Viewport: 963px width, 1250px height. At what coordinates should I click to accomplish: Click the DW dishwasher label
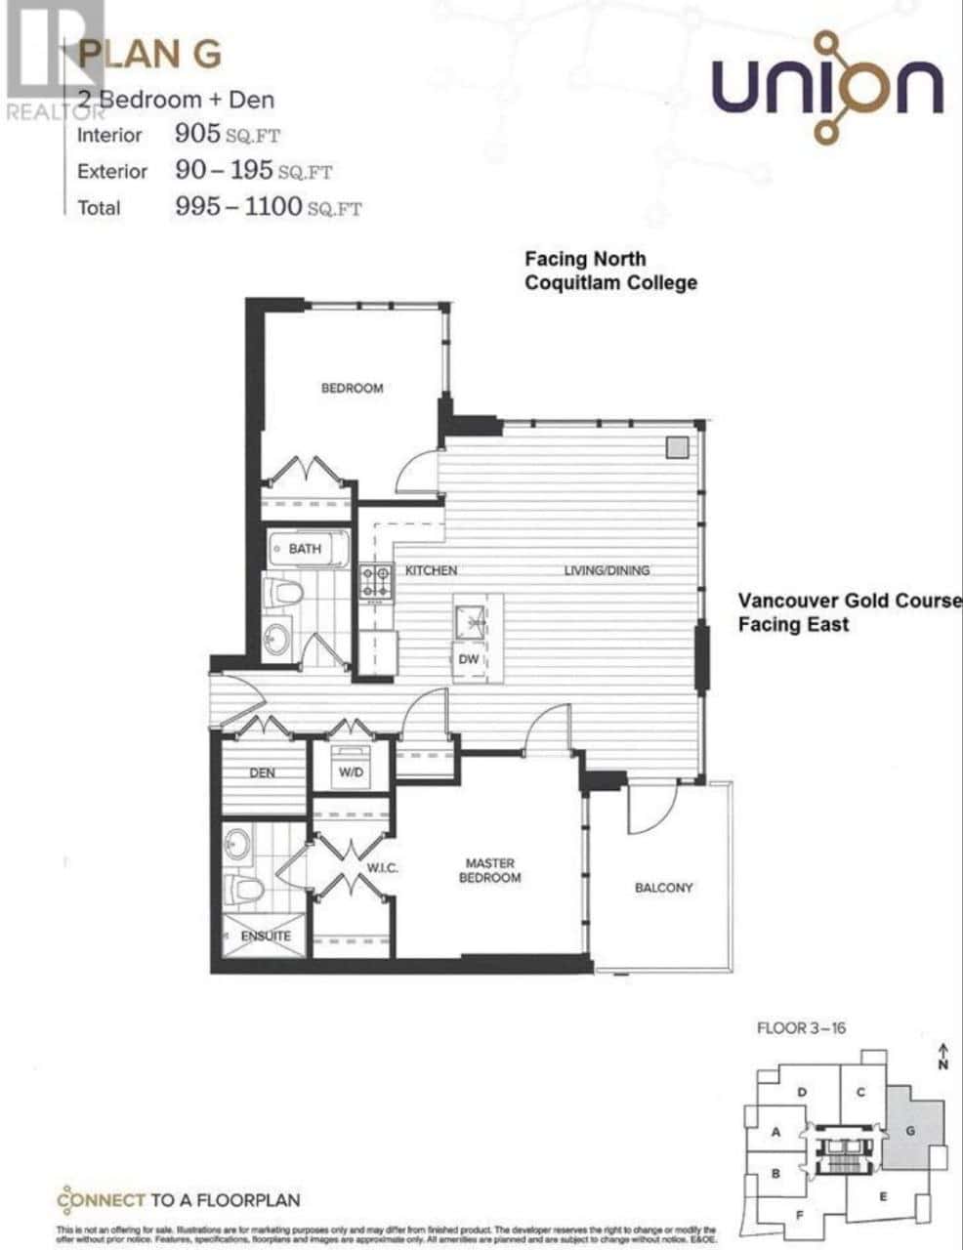click(x=470, y=659)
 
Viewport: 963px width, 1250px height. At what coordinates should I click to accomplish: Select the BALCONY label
click(x=663, y=888)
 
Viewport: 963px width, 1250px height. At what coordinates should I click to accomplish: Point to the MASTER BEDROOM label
click(x=490, y=870)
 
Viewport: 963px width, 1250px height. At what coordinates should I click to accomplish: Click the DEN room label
click(x=262, y=772)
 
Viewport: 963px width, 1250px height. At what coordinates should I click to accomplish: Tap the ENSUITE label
click(x=267, y=936)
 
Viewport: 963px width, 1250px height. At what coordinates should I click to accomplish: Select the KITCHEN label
click(x=431, y=570)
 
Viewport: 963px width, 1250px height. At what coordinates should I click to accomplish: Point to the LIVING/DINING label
click(x=607, y=570)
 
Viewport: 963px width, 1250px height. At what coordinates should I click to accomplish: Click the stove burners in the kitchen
click(x=376, y=582)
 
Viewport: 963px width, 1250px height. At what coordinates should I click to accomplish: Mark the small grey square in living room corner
click(x=677, y=446)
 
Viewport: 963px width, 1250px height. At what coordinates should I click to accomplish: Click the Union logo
click(x=826, y=87)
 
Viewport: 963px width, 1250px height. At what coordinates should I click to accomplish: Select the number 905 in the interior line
click(x=195, y=134)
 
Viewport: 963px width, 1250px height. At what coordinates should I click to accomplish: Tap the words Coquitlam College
click(x=610, y=282)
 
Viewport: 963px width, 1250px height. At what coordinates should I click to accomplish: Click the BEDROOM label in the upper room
click(x=352, y=388)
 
